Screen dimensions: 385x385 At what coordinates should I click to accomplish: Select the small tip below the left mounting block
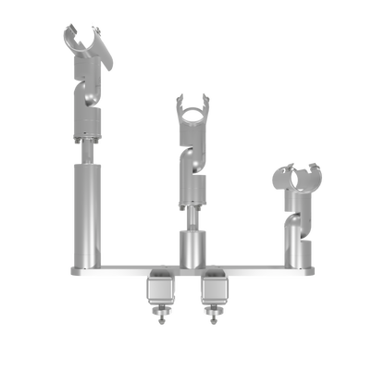160,317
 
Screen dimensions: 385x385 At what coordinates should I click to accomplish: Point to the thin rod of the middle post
192,217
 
